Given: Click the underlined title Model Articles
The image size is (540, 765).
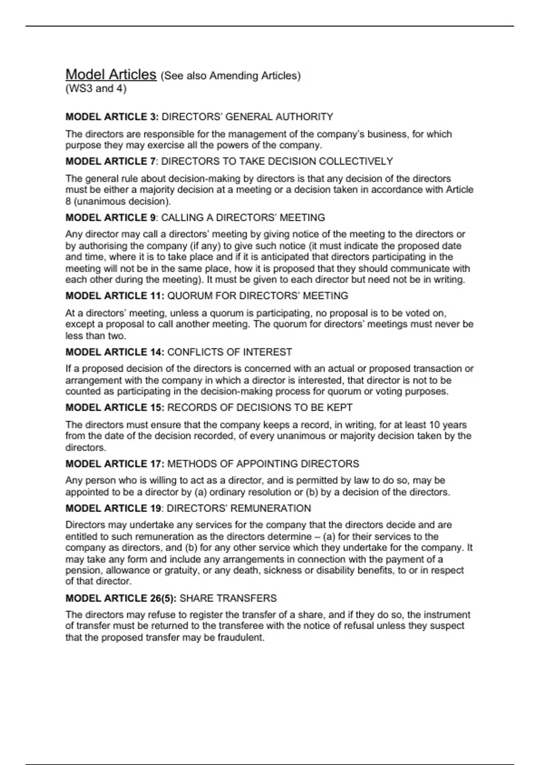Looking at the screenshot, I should pos(111,74).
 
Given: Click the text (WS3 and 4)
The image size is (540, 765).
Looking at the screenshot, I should pos(96,89).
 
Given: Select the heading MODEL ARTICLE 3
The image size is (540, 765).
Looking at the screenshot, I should pos(112,117).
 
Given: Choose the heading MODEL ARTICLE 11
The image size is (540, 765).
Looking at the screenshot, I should pos(115,296).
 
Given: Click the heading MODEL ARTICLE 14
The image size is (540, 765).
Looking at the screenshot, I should pos(115,352).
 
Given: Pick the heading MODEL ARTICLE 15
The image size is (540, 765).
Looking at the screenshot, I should pos(115,408).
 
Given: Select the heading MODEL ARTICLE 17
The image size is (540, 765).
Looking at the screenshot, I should pos(115,464).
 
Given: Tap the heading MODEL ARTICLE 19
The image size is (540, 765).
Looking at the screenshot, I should pos(113,508).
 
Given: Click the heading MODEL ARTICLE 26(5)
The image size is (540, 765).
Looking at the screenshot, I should pos(121,598).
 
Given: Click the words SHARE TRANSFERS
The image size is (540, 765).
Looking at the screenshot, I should pos(228,598).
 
